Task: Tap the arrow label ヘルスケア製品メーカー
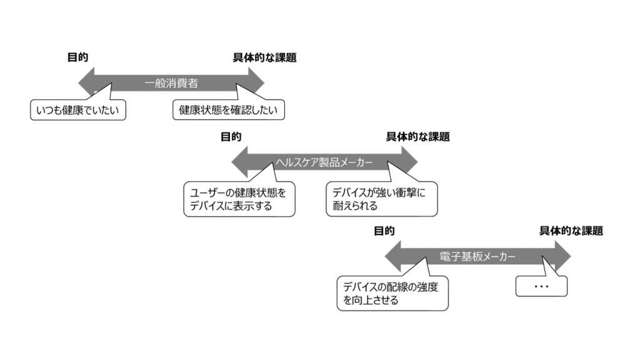[x=324, y=162]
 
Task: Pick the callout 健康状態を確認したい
[x=228, y=111]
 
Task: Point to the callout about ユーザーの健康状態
[x=239, y=199]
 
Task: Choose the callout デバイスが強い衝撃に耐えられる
[x=381, y=199]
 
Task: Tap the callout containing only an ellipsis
[x=541, y=286]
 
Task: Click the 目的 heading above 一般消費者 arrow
[x=77, y=57]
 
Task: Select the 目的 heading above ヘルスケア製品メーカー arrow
[x=231, y=137]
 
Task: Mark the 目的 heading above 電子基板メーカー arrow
[x=384, y=231]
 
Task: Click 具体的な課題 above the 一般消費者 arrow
[x=264, y=57]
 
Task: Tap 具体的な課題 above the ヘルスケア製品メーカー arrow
[x=417, y=137]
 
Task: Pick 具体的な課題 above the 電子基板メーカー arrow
[x=571, y=231]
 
